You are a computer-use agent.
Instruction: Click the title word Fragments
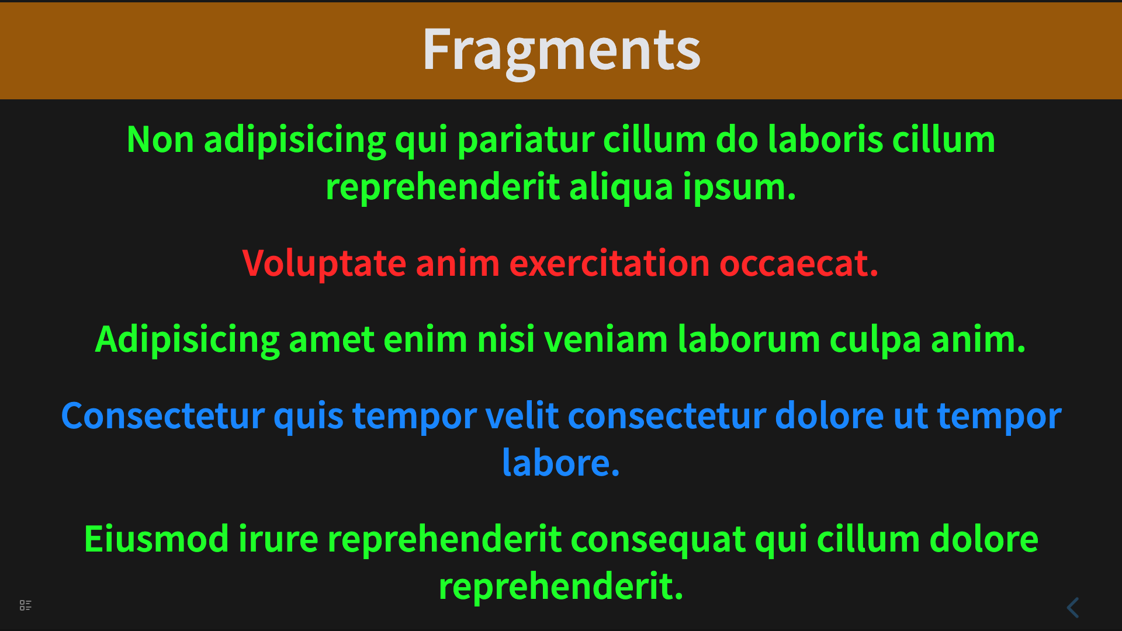click(x=562, y=51)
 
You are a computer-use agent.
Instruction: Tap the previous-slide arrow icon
click(x=1073, y=608)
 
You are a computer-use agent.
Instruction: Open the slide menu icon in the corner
click(x=26, y=605)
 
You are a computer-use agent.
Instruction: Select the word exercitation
click(x=610, y=263)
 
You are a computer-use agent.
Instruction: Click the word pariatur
click(x=525, y=141)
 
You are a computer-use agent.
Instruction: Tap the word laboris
click(x=825, y=140)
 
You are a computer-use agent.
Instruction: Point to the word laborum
click(x=749, y=339)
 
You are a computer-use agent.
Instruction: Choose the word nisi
click(x=506, y=339)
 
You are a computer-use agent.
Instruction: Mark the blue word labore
click(x=561, y=463)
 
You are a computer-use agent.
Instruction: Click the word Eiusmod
click(x=157, y=539)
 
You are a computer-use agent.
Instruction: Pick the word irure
click(x=279, y=539)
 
